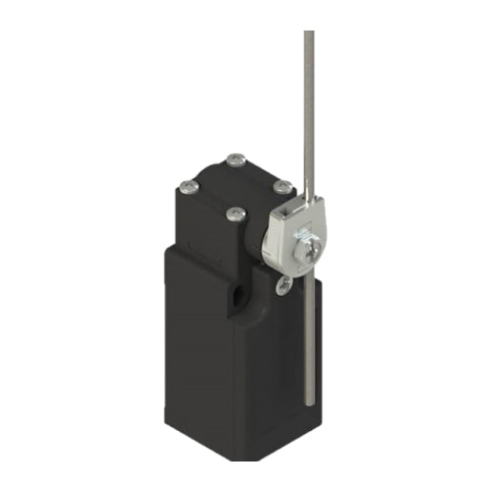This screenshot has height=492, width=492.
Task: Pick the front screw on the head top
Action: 234,213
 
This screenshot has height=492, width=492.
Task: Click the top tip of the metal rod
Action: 309,33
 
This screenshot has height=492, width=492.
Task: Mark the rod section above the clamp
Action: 309,118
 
